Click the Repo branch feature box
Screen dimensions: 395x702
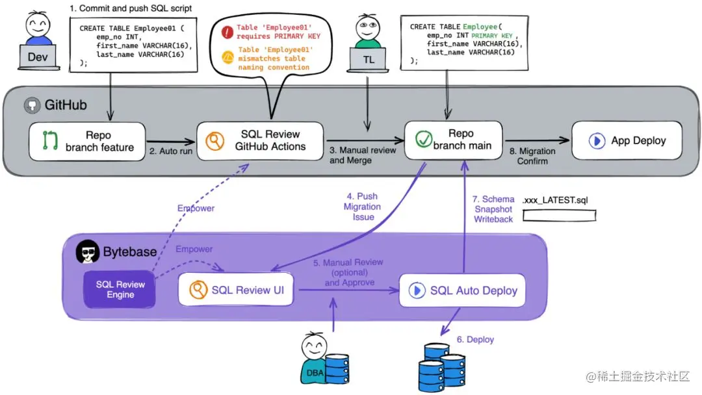click(x=87, y=141)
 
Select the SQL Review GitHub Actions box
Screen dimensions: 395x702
click(x=260, y=140)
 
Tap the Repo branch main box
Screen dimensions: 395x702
click(x=454, y=140)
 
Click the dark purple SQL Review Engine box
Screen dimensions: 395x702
click(x=120, y=289)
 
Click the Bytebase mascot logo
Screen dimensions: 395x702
click(x=87, y=251)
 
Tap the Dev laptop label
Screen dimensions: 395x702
click(x=38, y=57)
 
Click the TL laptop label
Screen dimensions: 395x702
click(x=368, y=60)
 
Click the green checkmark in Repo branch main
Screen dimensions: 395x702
click(x=424, y=140)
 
